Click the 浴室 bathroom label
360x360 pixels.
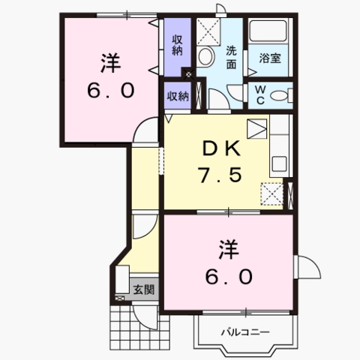tap(270, 58)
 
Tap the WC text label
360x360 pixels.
tap(259, 94)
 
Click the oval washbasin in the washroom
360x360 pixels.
tap(205, 56)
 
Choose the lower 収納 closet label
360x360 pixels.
tap(178, 95)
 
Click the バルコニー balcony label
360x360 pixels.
tap(244, 330)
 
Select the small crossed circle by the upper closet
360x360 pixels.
tap(188, 75)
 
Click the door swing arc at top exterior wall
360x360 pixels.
tap(218, 9)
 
